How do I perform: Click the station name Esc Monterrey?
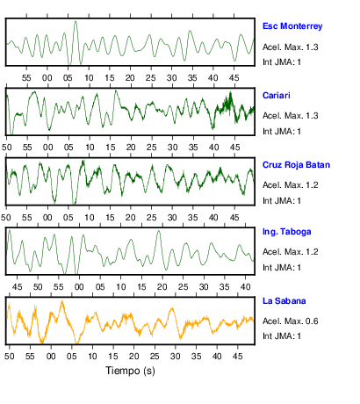click(x=292, y=26)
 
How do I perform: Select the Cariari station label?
click(x=277, y=96)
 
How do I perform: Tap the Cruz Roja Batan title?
click(x=296, y=165)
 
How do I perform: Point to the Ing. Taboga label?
click(x=286, y=232)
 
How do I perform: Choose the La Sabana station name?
click(x=284, y=301)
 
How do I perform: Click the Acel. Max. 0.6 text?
click(x=290, y=321)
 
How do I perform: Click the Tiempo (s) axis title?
click(x=130, y=371)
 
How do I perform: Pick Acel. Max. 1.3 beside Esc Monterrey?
click(x=290, y=47)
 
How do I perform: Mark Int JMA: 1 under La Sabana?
click(x=282, y=335)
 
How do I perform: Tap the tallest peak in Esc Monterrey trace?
click(x=76, y=21)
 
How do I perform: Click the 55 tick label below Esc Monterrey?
click(x=26, y=78)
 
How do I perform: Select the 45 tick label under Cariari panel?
click(x=234, y=148)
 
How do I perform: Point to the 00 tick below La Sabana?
click(x=51, y=357)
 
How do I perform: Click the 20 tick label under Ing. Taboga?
click(x=162, y=287)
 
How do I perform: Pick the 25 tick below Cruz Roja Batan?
click(x=151, y=218)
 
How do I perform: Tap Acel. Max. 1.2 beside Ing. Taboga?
click(x=290, y=252)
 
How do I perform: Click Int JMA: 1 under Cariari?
click(x=282, y=132)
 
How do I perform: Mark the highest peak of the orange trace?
click(x=62, y=301)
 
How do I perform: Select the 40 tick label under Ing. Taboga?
click(x=245, y=287)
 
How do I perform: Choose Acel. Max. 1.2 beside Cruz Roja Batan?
click(x=290, y=185)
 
